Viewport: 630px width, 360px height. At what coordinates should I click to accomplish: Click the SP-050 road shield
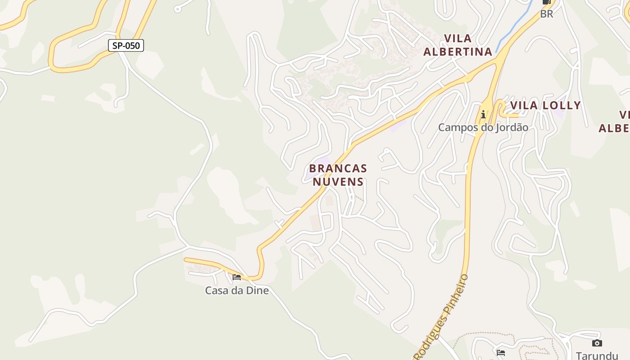[x=126, y=45]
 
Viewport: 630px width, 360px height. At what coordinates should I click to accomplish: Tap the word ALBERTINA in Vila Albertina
[x=458, y=52]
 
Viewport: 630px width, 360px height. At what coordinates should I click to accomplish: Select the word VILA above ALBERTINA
[x=458, y=38]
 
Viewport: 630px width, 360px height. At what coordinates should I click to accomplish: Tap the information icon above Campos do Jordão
[x=483, y=114]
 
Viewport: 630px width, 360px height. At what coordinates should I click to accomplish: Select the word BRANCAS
[x=338, y=169]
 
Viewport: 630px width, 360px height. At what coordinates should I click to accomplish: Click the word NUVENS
[x=338, y=182]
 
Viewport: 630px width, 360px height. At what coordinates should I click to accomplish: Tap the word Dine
[x=258, y=291]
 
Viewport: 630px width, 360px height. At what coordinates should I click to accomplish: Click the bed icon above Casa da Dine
[x=237, y=277]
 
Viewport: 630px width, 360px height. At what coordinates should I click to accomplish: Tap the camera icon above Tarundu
[x=597, y=343]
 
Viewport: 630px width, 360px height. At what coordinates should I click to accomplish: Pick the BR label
[x=546, y=14]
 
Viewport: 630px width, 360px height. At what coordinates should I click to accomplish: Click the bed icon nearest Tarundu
[x=501, y=352]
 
